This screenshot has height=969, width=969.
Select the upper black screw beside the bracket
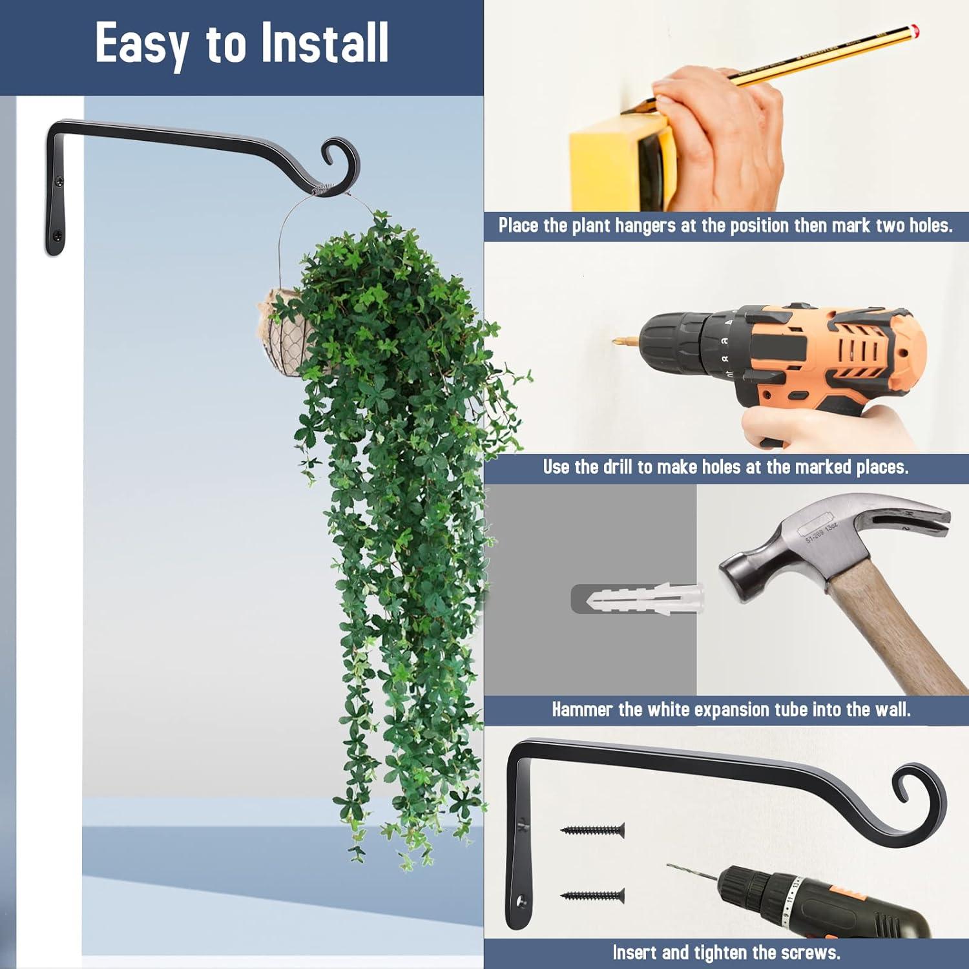point(592,829)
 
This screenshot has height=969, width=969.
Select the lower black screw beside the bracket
point(592,895)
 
